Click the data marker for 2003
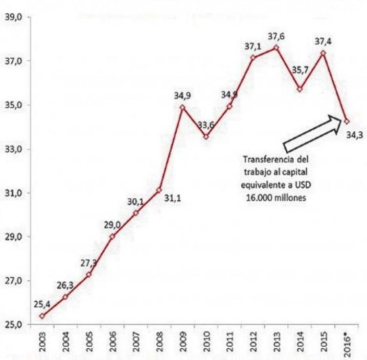[x=42, y=316]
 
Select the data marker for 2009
[x=183, y=107]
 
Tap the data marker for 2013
[x=276, y=48]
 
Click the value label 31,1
[x=172, y=199]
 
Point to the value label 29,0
[x=112, y=225]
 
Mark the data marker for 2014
[x=299, y=89]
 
